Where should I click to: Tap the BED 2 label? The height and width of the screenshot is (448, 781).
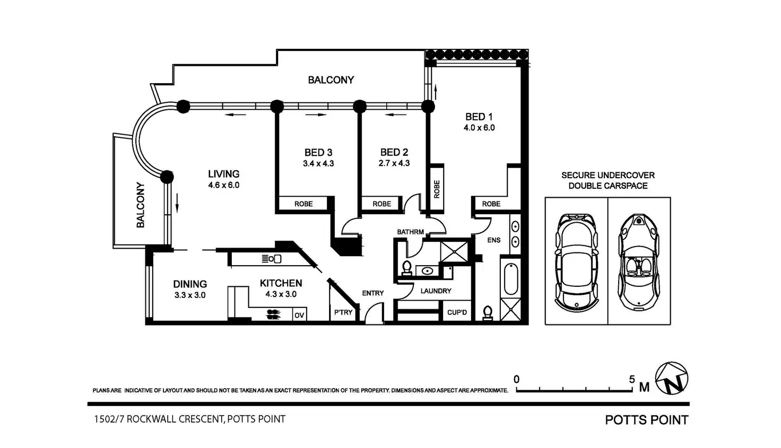(394, 153)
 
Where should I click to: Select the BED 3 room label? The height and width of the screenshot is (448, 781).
(318, 153)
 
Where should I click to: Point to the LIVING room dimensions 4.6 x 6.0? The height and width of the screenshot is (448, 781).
(223, 185)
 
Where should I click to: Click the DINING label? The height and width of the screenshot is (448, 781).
(190, 284)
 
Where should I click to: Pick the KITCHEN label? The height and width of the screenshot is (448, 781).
(281, 283)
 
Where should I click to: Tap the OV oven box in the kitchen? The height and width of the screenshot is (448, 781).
(299, 315)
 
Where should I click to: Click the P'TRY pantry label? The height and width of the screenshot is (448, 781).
(343, 312)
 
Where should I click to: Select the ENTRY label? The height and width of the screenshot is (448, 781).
(373, 293)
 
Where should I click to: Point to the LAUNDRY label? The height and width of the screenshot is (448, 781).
(436, 291)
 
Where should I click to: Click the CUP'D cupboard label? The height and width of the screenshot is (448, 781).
(457, 312)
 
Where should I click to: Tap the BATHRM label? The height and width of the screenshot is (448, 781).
(411, 232)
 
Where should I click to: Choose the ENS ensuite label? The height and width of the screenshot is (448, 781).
(493, 240)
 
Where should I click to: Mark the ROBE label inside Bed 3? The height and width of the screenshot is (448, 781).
(303, 204)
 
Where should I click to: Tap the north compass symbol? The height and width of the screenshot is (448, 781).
(672, 379)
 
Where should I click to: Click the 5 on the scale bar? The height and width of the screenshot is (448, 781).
(632, 379)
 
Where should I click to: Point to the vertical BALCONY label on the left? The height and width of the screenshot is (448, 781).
(141, 205)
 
